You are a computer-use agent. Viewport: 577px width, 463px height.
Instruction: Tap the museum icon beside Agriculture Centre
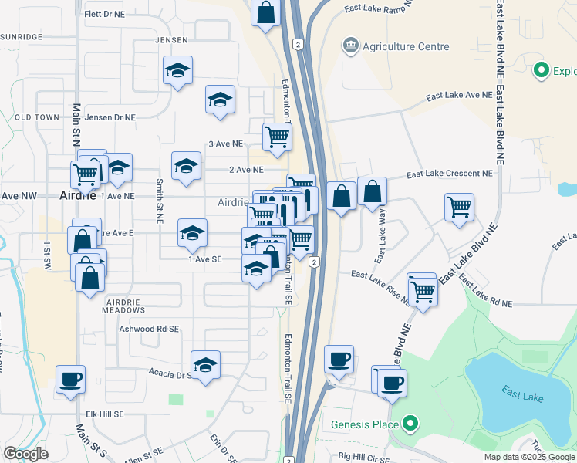pyautogui.click(x=352, y=46)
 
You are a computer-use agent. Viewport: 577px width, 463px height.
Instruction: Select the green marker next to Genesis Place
pyautogui.click(x=411, y=424)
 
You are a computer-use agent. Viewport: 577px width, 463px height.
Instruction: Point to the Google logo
pyautogui.click(x=25, y=454)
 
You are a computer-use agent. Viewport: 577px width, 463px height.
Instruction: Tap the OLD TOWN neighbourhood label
pyautogui.click(x=36, y=117)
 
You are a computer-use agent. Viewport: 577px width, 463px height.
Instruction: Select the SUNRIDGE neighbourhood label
pyautogui.click(x=22, y=36)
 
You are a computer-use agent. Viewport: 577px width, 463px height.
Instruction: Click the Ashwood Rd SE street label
pyautogui.click(x=149, y=329)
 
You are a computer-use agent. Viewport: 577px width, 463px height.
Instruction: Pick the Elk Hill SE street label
pyautogui.click(x=106, y=414)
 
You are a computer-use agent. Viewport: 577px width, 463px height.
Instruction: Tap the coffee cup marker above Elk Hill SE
pyautogui.click(x=70, y=379)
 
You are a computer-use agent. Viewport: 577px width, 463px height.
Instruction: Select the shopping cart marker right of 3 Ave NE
pyautogui.click(x=277, y=137)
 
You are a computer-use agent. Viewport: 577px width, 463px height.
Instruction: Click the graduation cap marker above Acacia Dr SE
pyautogui.click(x=205, y=365)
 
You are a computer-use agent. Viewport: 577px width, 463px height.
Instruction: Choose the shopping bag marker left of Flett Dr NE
pyautogui.click(x=265, y=12)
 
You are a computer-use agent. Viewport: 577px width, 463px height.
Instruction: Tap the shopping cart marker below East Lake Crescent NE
pyautogui.click(x=459, y=207)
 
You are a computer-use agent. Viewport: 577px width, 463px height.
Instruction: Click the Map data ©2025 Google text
pyautogui.click(x=530, y=457)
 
